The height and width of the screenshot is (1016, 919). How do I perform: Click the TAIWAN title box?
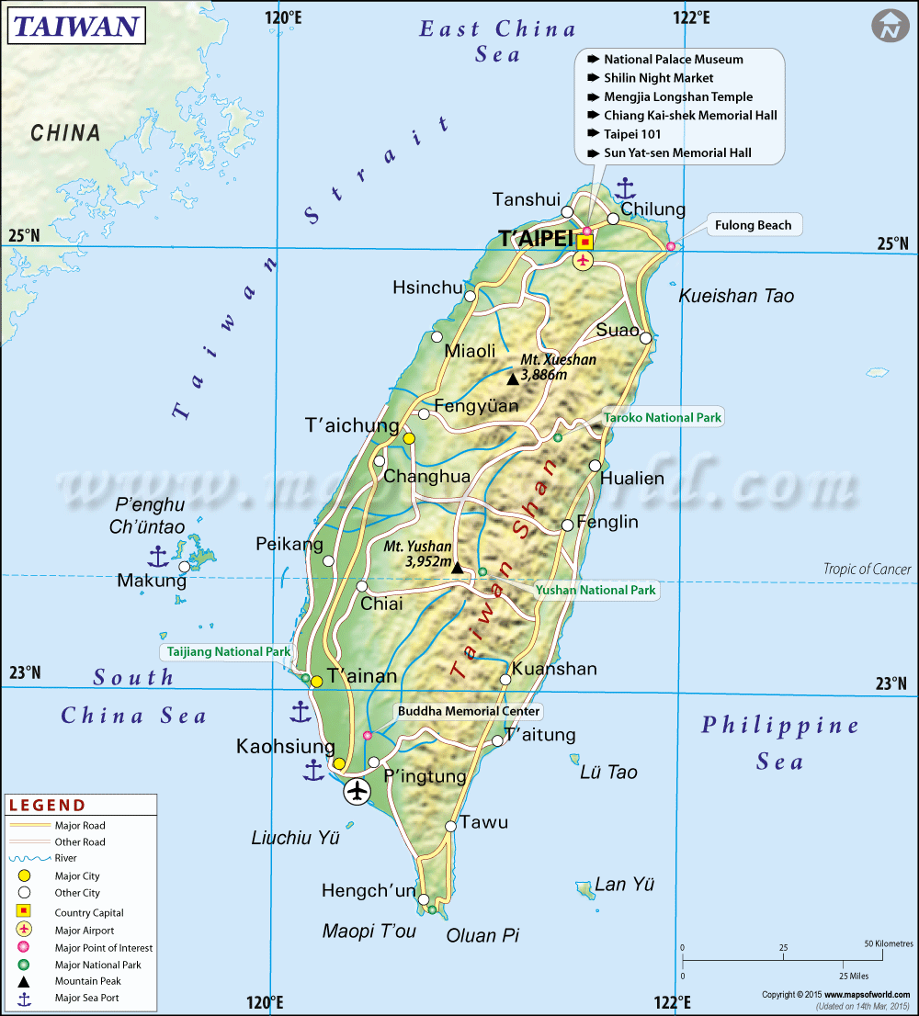[x=76, y=26]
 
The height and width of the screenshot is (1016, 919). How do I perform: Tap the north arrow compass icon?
[x=890, y=26]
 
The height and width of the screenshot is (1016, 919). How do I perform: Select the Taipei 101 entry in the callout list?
[x=632, y=134]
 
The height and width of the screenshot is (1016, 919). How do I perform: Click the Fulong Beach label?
[x=753, y=225]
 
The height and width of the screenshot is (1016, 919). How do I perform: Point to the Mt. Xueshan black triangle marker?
[x=513, y=378]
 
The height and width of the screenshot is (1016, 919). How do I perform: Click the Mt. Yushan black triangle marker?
[x=458, y=568]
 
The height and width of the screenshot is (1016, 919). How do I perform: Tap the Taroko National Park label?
[x=662, y=418]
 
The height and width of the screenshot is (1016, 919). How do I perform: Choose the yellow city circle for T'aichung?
[x=409, y=439]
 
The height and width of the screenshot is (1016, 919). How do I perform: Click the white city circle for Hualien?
[x=596, y=465]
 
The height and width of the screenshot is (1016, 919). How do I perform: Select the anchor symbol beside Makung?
[x=158, y=555]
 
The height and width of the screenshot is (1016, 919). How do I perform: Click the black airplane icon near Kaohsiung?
[x=357, y=791]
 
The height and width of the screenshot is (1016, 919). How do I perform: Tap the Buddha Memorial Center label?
[x=469, y=711]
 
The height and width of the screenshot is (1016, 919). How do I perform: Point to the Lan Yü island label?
[x=625, y=885]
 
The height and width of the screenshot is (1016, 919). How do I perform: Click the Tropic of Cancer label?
[x=867, y=570]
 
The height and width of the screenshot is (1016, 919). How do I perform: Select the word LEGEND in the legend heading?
[x=47, y=806]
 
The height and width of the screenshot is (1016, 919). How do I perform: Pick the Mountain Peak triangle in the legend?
[x=26, y=981]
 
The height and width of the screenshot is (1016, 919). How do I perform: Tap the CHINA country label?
[x=65, y=133]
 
